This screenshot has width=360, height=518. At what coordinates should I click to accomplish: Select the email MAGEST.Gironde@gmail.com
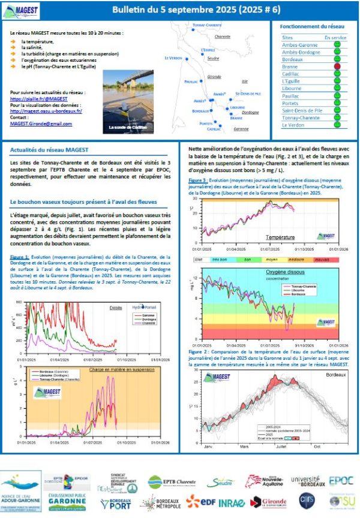[41, 124]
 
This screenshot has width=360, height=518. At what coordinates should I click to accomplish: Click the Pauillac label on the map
[191, 80]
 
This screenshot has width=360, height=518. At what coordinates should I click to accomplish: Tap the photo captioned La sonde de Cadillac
[128, 102]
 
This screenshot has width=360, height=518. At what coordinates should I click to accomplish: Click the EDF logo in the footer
[199, 501]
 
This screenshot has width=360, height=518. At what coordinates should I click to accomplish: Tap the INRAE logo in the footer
[230, 501]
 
